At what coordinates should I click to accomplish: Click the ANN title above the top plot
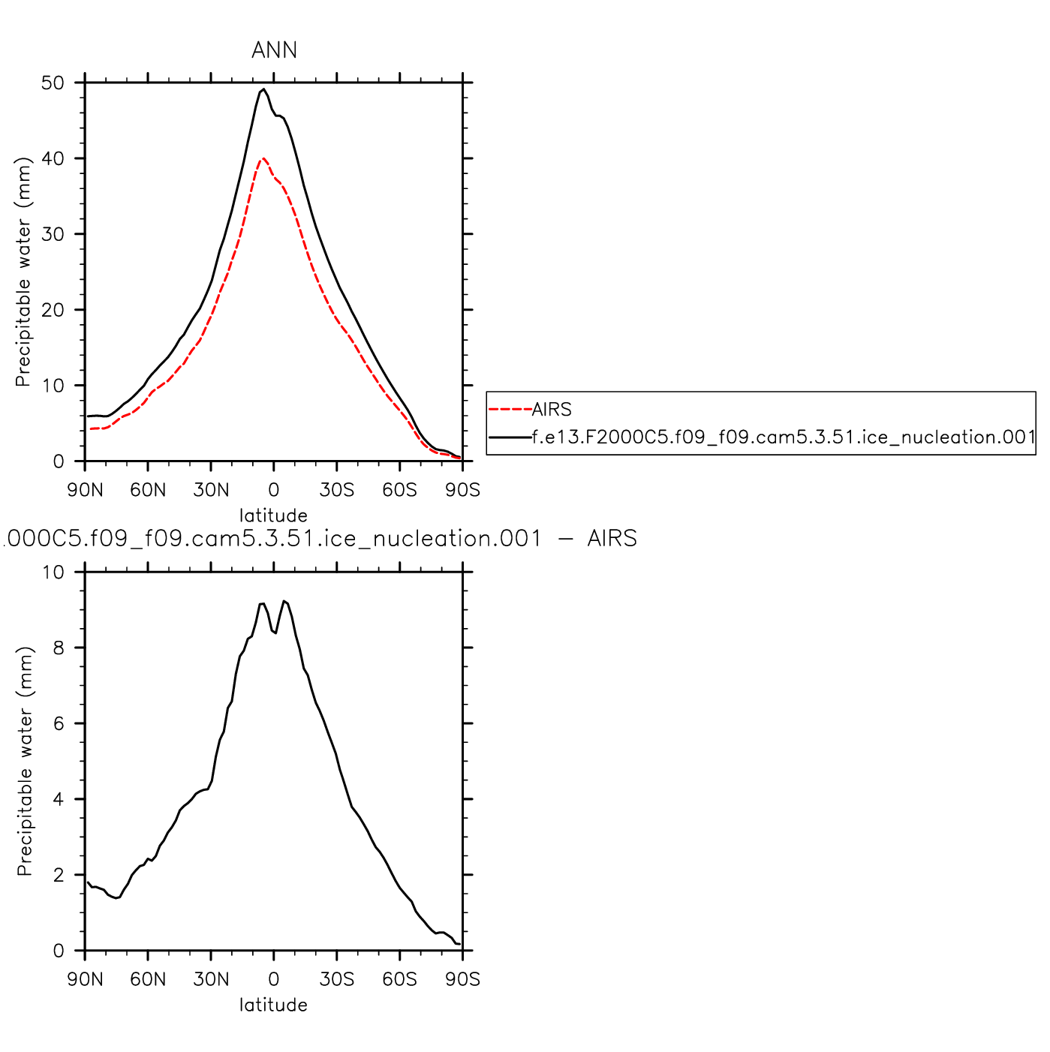tap(274, 50)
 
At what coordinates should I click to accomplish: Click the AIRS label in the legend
tap(552, 409)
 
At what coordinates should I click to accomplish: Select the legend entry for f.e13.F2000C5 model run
tap(784, 437)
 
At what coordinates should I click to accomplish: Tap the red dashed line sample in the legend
tap(510, 409)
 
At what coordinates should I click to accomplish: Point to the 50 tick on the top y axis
tap(53, 83)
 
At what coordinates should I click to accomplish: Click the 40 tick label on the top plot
tap(53, 158)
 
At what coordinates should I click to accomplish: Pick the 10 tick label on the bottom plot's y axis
tap(53, 572)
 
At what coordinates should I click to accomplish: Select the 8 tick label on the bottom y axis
tap(58, 648)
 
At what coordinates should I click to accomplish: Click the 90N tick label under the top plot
tap(85, 490)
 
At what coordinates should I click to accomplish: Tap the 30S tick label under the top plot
tap(336, 490)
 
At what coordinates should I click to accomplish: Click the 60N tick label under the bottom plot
tap(148, 979)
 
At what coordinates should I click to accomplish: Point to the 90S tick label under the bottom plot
tap(462, 979)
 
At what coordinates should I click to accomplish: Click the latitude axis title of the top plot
tap(273, 515)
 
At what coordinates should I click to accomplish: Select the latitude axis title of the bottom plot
tap(273, 1005)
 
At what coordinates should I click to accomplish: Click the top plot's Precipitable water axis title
tap(23, 272)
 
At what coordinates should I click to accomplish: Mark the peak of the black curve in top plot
tap(263, 89)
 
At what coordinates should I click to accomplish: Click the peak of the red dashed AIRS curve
tap(263, 158)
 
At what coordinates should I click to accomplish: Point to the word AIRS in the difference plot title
tap(612, 539)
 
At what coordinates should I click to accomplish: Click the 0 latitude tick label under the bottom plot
tap(274, 979)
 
